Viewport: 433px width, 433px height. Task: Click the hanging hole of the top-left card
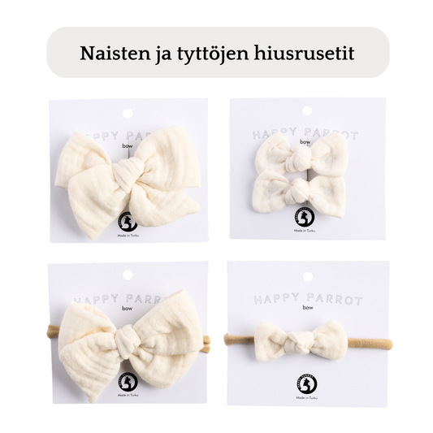(x=128, y=111)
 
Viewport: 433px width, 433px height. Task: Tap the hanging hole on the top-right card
(x=306, y=110)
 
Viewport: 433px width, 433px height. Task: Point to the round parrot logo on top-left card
(x=128, y=222)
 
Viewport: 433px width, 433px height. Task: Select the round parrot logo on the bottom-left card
(x=128, y=382)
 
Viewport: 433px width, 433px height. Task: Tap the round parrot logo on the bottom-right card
(x=305, y=383)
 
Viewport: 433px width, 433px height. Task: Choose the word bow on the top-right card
(x=305, y=143)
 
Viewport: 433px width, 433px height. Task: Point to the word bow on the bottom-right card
(x=306, y=312)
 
